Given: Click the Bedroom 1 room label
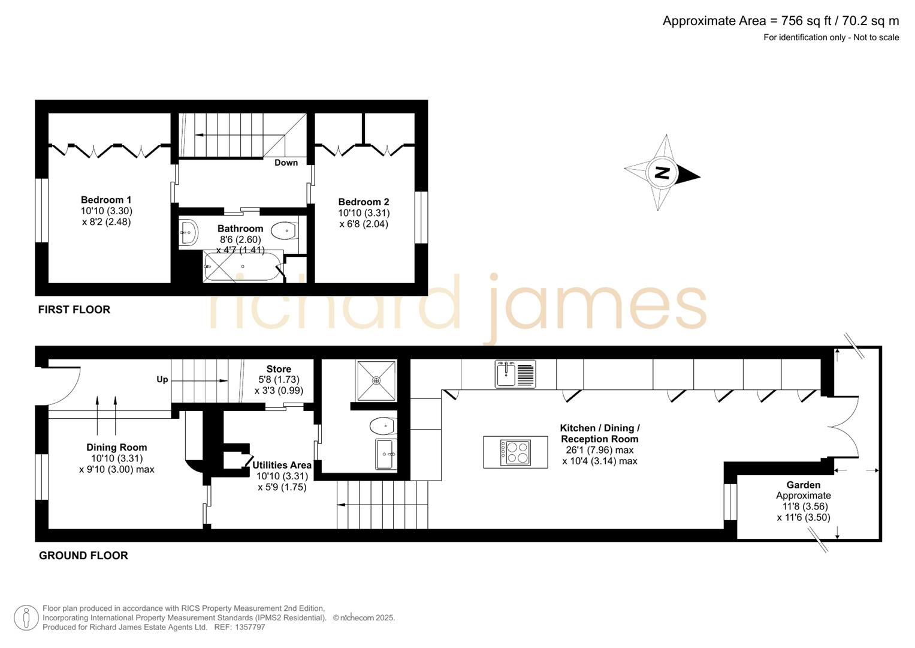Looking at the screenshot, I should (106, 200).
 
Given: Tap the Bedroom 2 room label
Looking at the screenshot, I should (363, 202).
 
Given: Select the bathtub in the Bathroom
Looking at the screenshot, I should (242, 266).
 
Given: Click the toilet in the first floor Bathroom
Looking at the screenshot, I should (284, 230).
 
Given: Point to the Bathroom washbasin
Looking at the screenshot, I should (189, 232).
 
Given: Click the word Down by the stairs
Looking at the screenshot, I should (286, 163).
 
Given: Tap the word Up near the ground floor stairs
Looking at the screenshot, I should (162, 380).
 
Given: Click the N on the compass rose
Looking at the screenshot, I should (662, 173).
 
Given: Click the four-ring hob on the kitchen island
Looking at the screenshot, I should (515, 452).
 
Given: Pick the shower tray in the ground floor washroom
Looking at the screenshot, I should (376, 380).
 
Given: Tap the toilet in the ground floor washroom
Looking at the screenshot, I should (382, 427).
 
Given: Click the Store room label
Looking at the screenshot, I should (279, 369).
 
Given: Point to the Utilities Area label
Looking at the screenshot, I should (282, 465).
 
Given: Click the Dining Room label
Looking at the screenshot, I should (116, 447).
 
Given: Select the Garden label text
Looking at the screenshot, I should (803, 485).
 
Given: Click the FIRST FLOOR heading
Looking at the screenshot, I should (74, 310).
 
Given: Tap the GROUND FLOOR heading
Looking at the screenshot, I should (83, 556).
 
